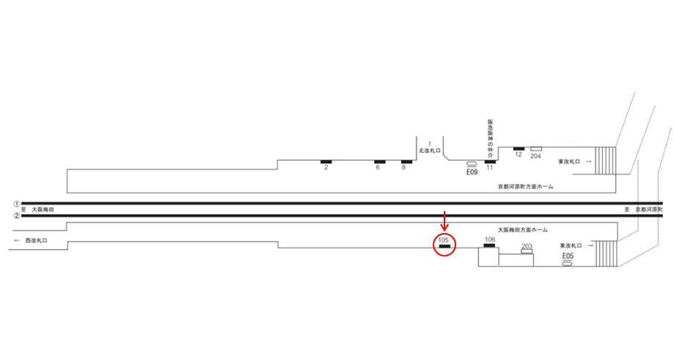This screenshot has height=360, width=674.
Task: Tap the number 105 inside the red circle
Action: tap(443, 240)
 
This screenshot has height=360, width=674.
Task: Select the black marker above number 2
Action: tap(326, 161)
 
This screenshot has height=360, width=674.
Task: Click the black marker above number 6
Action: tap(380, 161)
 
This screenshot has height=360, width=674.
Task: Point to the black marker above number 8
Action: tap(406, 161)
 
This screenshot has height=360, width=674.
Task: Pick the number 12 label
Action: tap(519, 155)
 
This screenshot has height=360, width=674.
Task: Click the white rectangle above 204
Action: tap(536, 149)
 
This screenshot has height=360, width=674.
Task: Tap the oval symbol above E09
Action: tap(472, 164)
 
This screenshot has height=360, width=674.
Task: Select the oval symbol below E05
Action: tap(567, 263)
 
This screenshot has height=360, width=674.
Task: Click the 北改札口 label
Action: tap(428, 150)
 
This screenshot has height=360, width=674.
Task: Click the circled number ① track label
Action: tap(16, 203)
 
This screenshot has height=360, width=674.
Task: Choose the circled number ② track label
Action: tap(16, 216)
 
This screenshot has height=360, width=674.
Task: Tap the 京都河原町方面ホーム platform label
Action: tap(524, 187)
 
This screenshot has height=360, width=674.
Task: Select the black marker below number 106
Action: tap(490, 246)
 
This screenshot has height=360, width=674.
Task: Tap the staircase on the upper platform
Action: tap(607, 161)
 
